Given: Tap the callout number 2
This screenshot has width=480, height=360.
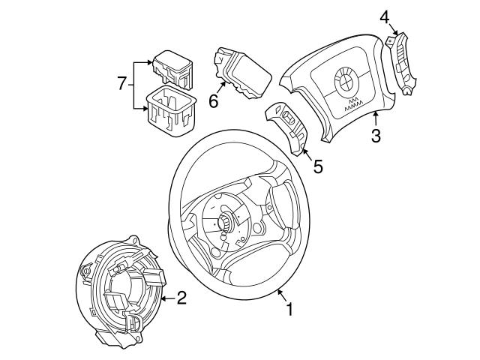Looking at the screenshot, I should pos(181,298).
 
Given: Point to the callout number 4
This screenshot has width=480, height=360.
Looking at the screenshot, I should pos(384,16).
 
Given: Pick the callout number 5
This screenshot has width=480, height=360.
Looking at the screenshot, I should pos(317,166).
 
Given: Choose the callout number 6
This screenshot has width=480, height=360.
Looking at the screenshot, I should pos(214,100).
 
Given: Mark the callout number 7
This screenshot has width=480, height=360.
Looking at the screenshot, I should pos(122,84).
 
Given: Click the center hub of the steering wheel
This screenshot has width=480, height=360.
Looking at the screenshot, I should pos(224,223).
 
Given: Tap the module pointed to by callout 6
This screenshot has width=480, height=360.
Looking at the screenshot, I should pos(241,73).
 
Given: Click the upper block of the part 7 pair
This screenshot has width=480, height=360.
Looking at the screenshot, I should pos(172,67).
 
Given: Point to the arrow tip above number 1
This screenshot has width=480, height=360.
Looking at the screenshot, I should pos(277,289).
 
